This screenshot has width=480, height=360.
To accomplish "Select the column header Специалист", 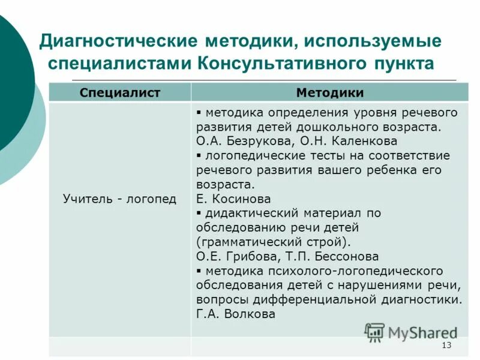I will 120,92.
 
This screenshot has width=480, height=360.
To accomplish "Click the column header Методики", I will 329,92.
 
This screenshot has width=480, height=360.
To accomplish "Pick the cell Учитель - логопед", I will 120,199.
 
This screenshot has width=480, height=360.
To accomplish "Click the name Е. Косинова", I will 233,199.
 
